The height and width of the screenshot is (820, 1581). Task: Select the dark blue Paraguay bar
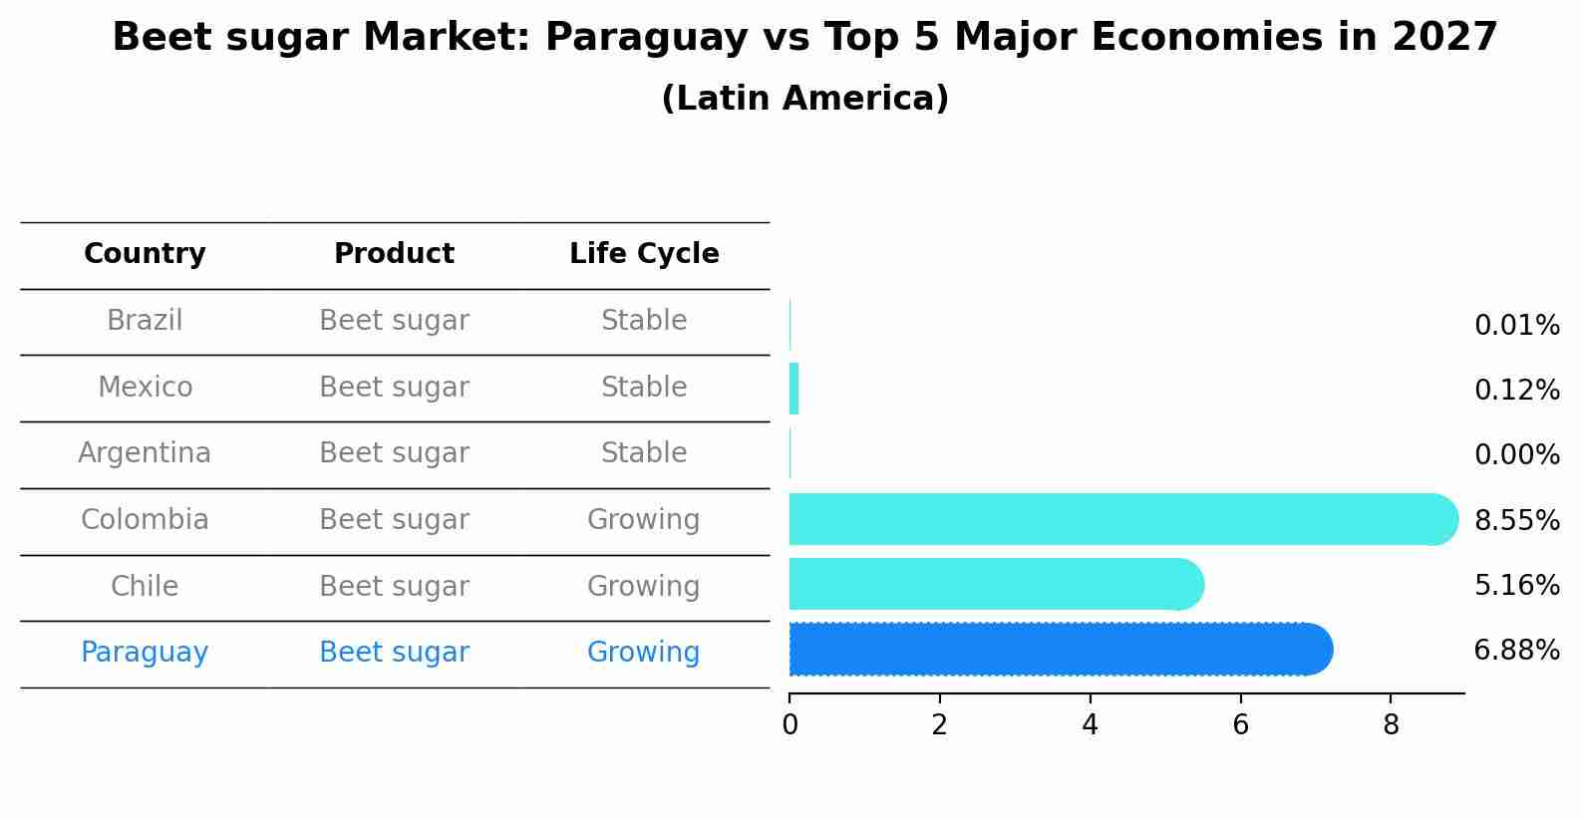pyautogui.click(x=1057, y=650)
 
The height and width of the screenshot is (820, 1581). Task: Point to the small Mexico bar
pyautogui.click(x=794, y=389)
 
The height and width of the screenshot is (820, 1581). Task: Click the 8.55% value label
pyautogui.click(x=1516, y=520)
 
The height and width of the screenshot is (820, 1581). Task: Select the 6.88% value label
pyautogui.click(x=1516, y=651)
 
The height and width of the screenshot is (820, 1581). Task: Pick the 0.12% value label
pyautogui.click(x=1516, y=390)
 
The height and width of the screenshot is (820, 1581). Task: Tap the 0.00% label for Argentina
pyautogui.click(x=1516, y=455)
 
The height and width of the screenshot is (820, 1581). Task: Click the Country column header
pyautogui.click(x=145, y=254)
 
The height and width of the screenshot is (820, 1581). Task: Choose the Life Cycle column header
pyautogui.click(x=644, y=254)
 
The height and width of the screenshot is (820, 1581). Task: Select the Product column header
pyautogui.click(x=394, y=254)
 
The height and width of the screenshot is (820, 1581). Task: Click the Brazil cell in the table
pyautogui.click(x=145, y=321)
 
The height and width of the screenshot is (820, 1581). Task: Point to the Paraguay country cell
pyautogui.click(x=145, y=653)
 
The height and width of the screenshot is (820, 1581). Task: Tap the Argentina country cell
pyautogui.click(x=145, y=453)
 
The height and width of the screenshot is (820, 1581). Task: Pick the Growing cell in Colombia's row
pyautogui.click(x=644, y=520)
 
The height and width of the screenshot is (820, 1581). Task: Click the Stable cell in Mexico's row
pyautogui.click(x=644, y=388)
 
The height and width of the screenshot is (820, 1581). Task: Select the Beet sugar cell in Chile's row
pyautogui.click(x=394, y=587)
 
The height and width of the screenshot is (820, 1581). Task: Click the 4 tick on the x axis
pyautogui.click(x=1090, y=725)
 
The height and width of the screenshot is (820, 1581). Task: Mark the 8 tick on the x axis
pyautogui.click(x=1391, y=725)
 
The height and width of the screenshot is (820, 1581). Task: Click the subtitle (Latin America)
pyautogui.click(x=804, y=99)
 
